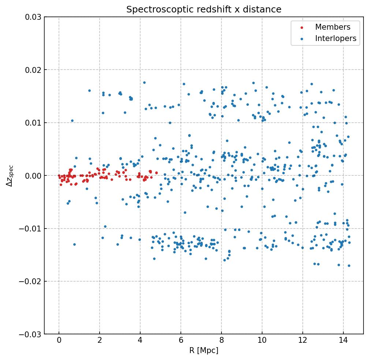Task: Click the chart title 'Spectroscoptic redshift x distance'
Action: pos(204,10)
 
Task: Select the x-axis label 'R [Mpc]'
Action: pos(204,350)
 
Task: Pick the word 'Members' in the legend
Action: pos(333,27)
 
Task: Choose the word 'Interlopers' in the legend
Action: pos(336,38)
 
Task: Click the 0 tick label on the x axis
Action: pos(59,341)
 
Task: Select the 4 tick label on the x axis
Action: pos(140,341)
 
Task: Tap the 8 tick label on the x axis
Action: pos(221,341)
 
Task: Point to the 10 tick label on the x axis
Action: pos(262,341)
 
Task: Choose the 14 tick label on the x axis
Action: pos(343,341)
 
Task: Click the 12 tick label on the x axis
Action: pos(303,341)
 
